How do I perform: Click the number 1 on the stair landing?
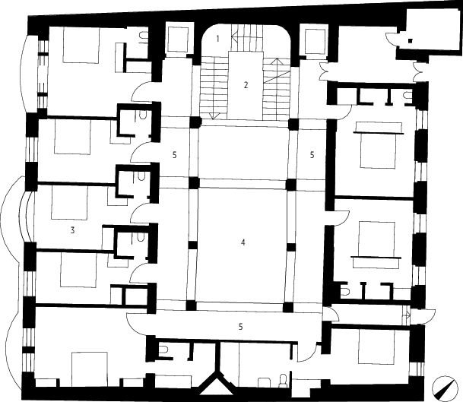218,39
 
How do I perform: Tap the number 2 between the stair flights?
246,85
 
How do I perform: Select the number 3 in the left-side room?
73,230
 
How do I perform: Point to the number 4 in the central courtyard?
243,242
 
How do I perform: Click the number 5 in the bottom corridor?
241,327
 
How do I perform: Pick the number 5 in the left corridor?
175,155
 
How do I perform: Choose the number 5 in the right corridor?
312,154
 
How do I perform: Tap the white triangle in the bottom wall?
217,387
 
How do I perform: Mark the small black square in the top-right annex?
411,41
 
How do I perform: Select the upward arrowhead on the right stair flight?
277,62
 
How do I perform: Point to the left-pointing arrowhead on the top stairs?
235,38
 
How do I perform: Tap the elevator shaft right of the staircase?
314,41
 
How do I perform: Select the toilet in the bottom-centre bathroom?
283,380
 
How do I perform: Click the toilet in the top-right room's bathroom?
408,95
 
